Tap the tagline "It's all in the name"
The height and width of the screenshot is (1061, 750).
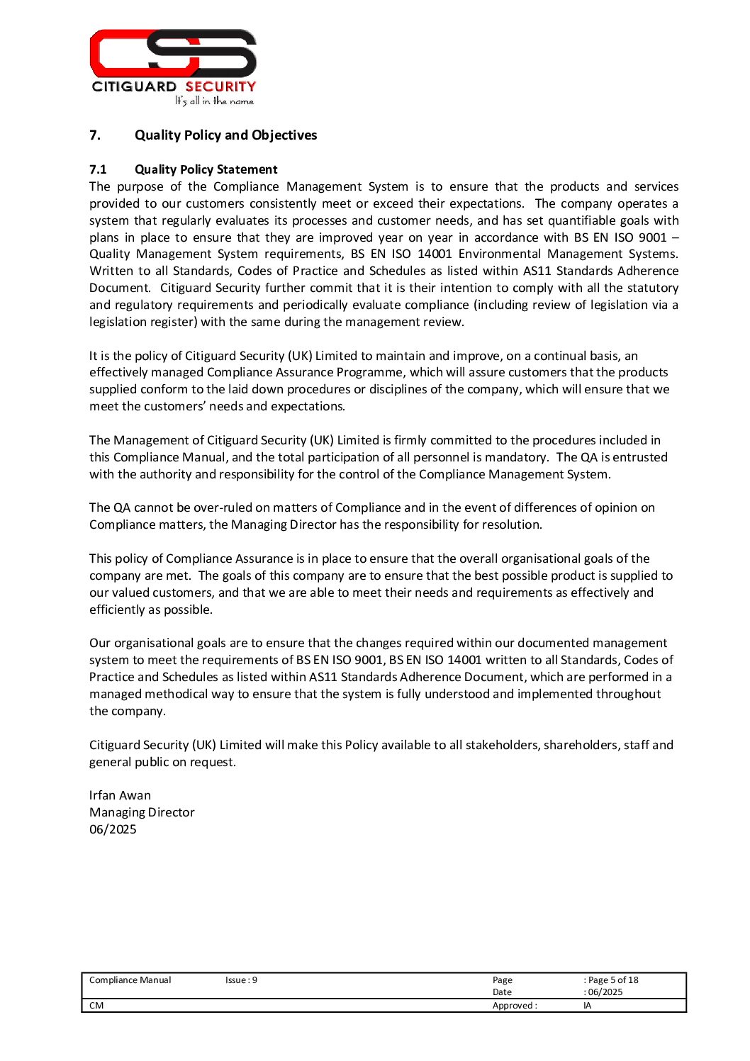(214, 101)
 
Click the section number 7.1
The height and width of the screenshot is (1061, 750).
(98, 169)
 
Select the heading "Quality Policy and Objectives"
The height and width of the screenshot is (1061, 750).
(225, 135)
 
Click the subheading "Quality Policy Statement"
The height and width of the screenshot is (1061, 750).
(206, 169)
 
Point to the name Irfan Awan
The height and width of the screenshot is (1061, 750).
(120, 795)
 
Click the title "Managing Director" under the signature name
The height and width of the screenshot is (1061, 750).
(142, 812)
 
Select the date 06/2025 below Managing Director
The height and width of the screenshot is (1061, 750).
(113, 829)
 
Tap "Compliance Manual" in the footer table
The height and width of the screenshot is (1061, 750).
(130, 980)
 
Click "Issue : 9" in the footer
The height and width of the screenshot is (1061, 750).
(241, 980)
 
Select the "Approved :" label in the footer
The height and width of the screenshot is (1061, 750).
(515, 1006)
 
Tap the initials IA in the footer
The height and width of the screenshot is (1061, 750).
(588, 1006)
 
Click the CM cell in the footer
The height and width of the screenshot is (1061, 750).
(96, 1006)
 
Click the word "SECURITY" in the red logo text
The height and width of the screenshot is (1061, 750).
(220, 86)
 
